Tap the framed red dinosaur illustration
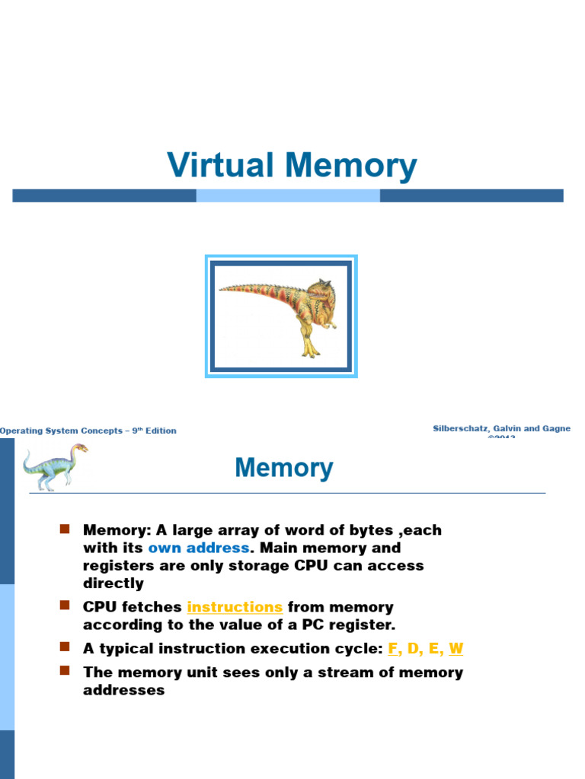coord(281,316)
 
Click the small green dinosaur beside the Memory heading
coord(54,466)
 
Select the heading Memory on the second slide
coord(283,468)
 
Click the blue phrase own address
coord(198,548)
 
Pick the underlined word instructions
coord(235,607)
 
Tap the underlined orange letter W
coord(456,649)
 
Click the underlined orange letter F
coord(393,649)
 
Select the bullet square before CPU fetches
coord(65,606)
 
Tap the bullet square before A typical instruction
coord(65,647)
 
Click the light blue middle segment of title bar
coord(288,196)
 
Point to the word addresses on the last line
coord(123,691)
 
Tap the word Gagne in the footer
coord(555,429)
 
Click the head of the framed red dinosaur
coord(320,290)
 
